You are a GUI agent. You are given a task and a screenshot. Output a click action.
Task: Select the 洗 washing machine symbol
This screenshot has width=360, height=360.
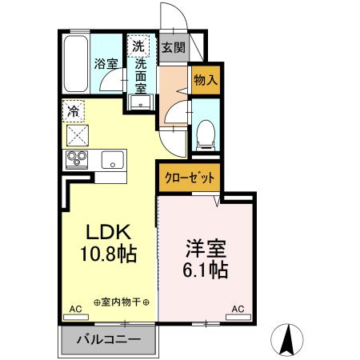pos(138,46)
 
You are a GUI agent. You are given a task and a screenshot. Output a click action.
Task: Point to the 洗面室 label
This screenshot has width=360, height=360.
pos(142,75)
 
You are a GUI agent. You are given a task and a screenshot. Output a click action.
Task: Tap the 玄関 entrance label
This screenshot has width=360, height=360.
pos(173,47)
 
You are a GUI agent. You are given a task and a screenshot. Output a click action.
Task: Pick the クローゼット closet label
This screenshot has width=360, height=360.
pos(190,178)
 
